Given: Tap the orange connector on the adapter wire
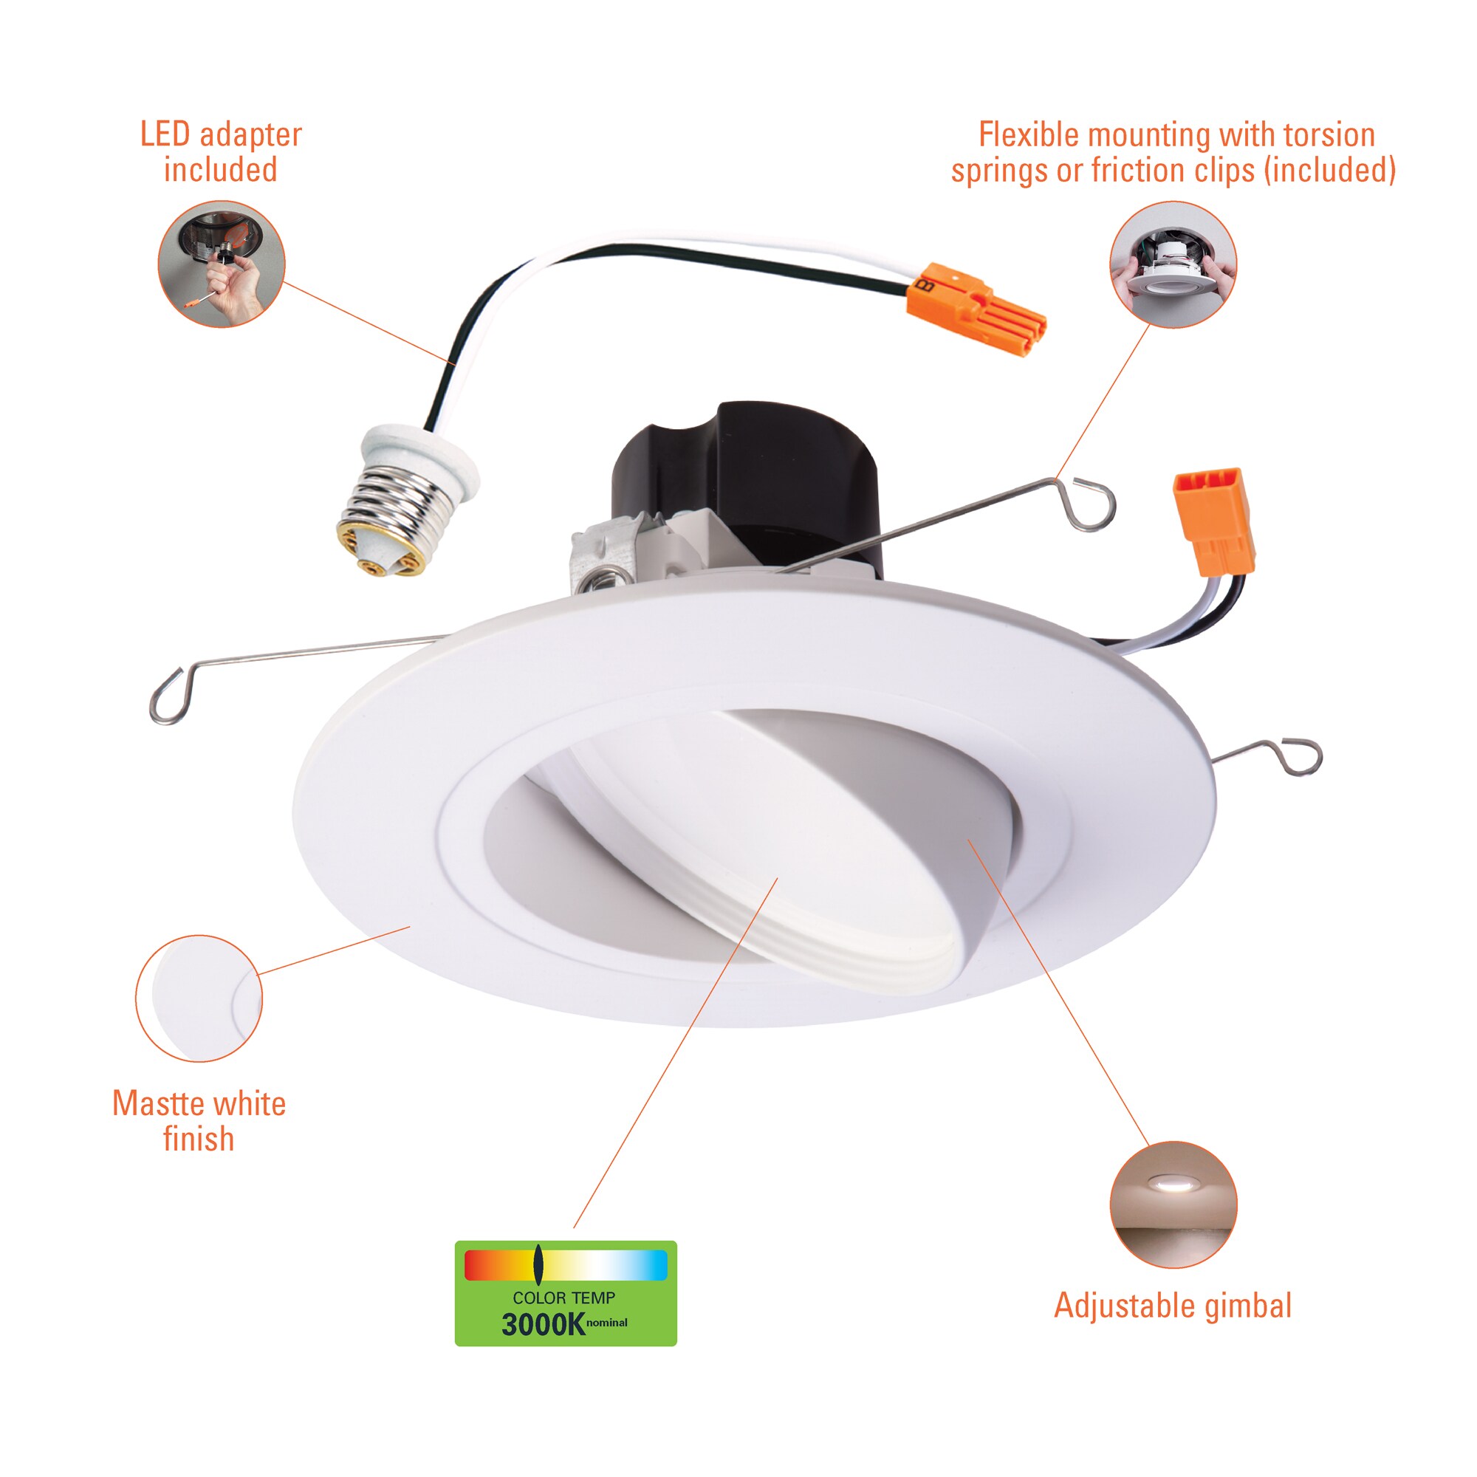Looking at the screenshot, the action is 976,309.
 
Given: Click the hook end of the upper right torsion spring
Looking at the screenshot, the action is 1093,503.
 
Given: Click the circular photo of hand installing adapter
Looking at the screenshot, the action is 222,264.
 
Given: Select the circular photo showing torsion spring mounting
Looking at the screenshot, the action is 1173,264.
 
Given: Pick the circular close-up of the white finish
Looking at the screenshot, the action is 199,998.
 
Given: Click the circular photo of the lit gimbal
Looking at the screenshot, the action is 1173,1206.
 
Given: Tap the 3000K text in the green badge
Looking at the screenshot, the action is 543,1325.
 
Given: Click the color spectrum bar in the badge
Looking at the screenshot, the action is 566,1265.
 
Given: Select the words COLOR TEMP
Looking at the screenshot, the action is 564,1298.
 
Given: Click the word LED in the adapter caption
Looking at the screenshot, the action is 165,134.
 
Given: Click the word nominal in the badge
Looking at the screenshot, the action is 607,1323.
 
